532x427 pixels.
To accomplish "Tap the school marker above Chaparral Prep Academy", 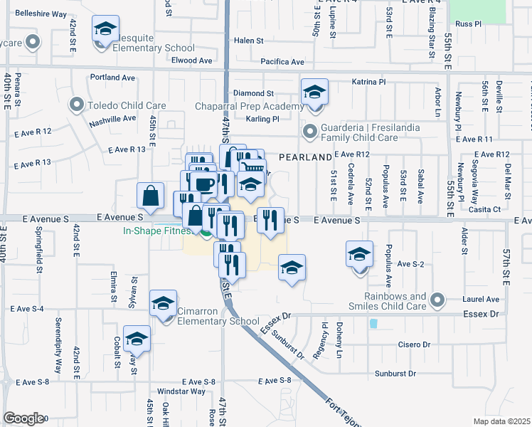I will (x=314, y=93).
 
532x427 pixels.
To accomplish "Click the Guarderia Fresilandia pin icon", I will (x=309, y=131).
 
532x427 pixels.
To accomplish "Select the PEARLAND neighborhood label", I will (x=304, y=157).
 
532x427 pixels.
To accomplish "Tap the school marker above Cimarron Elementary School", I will (x=163, y=304).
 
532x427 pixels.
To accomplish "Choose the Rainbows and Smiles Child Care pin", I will (x=437, y=301).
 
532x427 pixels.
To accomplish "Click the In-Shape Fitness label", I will (x=156, y=231).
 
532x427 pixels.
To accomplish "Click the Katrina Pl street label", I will (x=368, y=83).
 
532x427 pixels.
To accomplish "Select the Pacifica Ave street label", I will (x=282, y=62).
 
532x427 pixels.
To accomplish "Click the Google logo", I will (x=23, y=418).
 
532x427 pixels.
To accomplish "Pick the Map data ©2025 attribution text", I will (x=501, y=421).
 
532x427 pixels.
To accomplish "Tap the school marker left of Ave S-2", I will (x=359, y=254).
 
